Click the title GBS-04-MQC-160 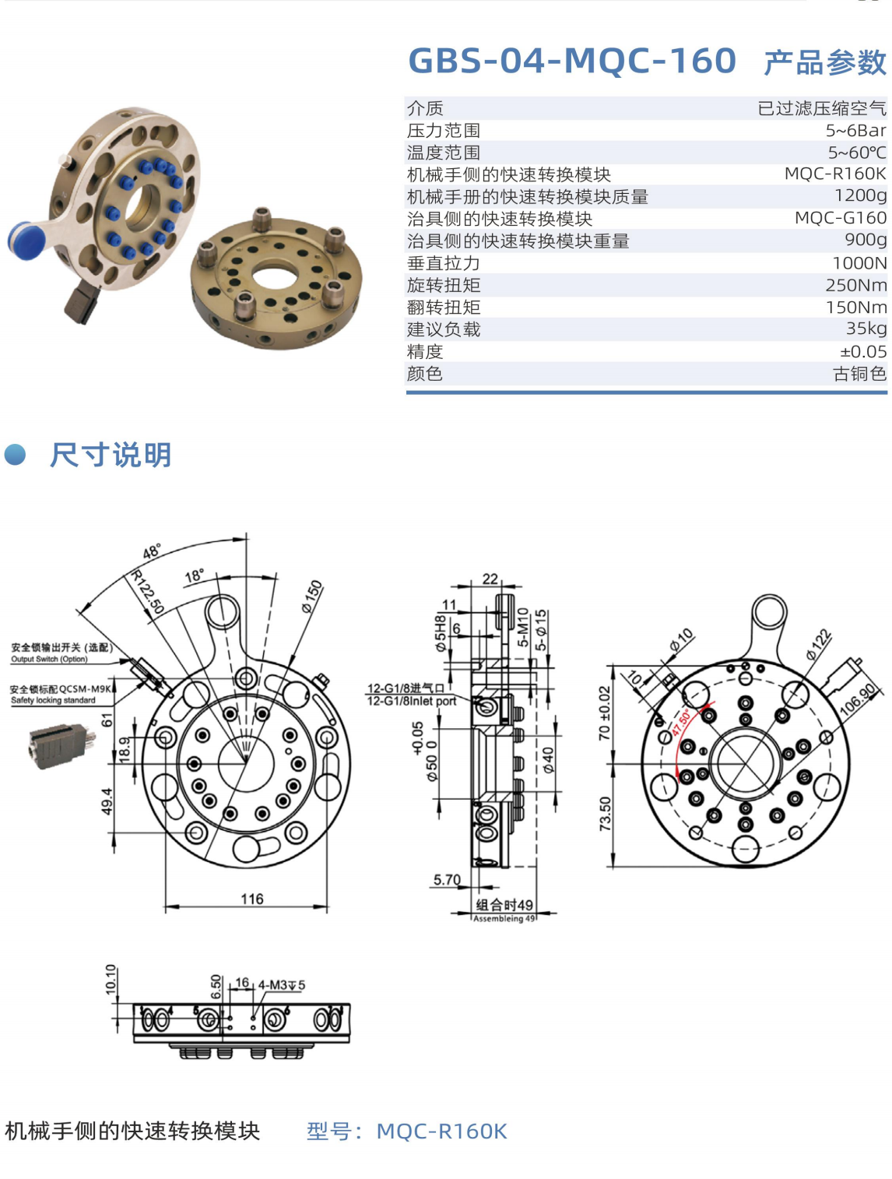click(572, 60)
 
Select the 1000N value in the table click(859, 262)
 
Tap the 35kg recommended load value click(866, 328)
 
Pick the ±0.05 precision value click(863, 351)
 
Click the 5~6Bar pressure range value click(856, 131)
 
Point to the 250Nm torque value click(856, 285)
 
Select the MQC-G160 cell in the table click(841, 218)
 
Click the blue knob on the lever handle click(25, 240)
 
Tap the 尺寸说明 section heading click(111, 455)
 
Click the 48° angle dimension click(152, 551)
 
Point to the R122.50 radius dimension click(148, 592)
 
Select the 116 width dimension click(251, 899)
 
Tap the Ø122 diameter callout click(819, 644)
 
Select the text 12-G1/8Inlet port click(412, 701)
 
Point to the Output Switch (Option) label click(49, 659)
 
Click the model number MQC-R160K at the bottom click(441, 1131)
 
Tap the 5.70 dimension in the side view click(447, 879)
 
